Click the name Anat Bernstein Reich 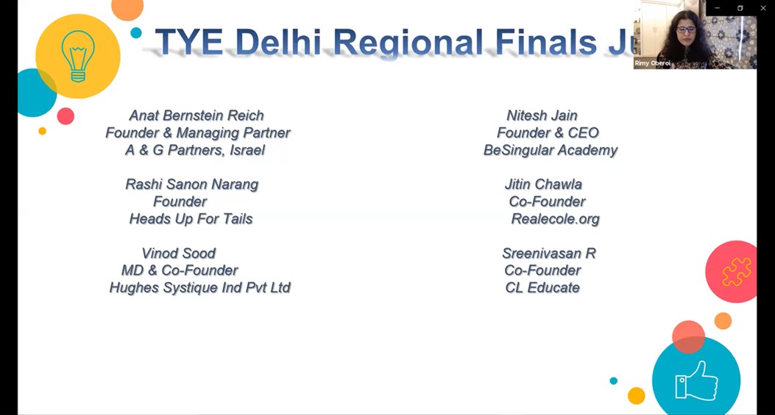tap(197, 116)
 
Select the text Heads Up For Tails tap(191, 219)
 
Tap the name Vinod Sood tap(178, 253)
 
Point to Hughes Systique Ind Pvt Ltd tap(199, 288)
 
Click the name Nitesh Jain tap(542, 116)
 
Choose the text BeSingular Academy tap(551, 150)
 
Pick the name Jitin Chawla tap(543, 184)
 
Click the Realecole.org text tap(556, 219)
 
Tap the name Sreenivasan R tap(549, 253)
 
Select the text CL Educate tap(542, 288)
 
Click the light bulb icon tap(77, 56)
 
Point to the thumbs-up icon tap(697, 380)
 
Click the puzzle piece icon tap(737, 272)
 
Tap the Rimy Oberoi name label tap(652, 63)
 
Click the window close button tap(762, 8)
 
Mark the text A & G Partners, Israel tap(195, 150)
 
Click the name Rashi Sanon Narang tap(192, 184)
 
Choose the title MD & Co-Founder tap(180, 270)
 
